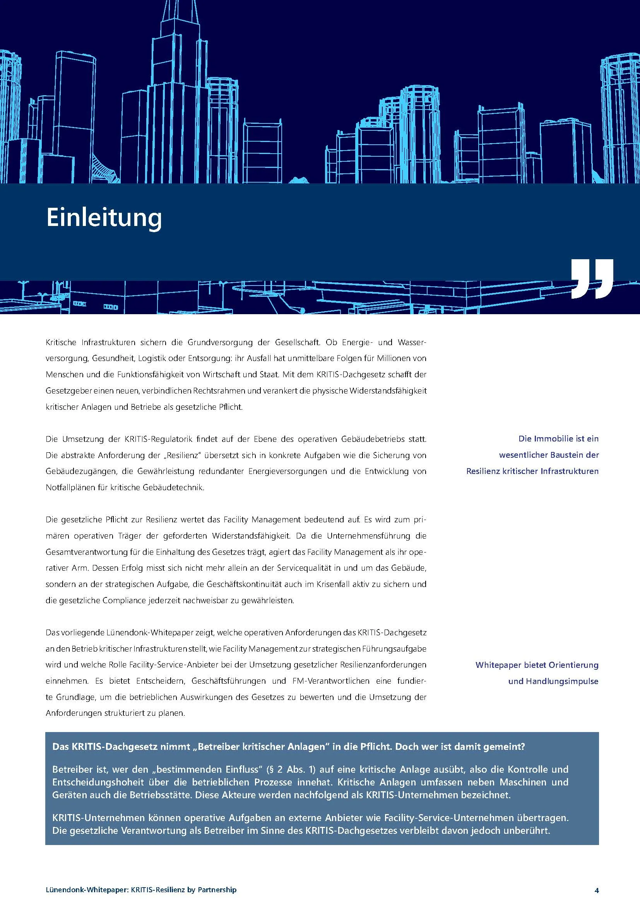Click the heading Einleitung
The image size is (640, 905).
104,218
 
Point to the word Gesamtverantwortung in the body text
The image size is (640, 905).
86,552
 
